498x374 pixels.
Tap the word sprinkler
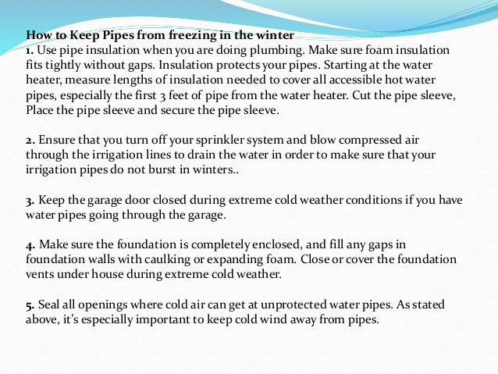(245, 142)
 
